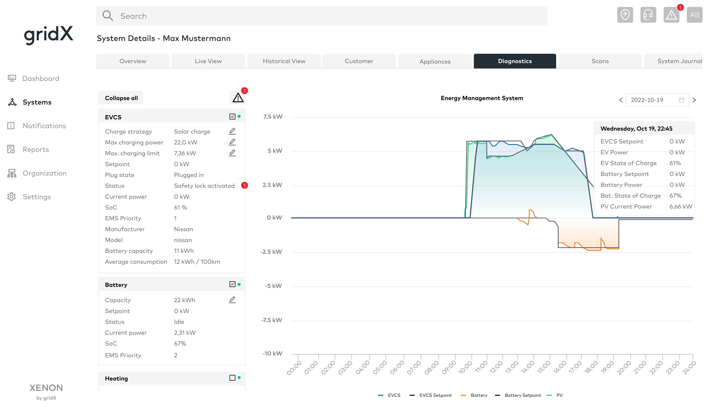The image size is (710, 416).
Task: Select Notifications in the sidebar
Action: tap(44, 126)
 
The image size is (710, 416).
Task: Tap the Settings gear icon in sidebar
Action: tap(12, 197)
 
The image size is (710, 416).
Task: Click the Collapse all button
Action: tap(121, 98)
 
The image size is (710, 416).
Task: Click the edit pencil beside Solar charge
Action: tap(232, 131)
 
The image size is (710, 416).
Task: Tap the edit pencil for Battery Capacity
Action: tap(232, 300)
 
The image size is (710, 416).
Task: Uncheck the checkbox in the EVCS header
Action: tap(232, 117)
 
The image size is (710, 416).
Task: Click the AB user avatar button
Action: tap(694, 15)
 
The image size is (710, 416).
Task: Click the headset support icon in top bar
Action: tap(648, 15)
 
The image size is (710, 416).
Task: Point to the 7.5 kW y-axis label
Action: tap(272, 117)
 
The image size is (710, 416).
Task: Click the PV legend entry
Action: tap(559, 395)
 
